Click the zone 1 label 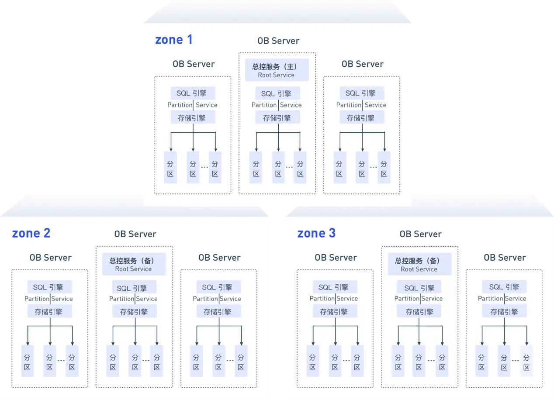click(x=173, y=40)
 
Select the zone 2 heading click(x=31, y=233)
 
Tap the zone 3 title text click(x=316, y=233)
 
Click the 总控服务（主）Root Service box click(x=277, y=70)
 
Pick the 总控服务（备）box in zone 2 click(x=134, y=264)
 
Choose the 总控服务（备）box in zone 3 click(x=419, y=264)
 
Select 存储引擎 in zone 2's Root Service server click(x=134, y=312)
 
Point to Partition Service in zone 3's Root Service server click(x=419, y=299)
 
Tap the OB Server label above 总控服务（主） click(x=278, y=41)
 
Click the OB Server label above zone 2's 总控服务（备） click(x=135, y=234)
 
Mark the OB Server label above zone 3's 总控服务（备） click(x=421, y=234)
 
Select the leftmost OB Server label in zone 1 click(x=194, y=64)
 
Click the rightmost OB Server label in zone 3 click(x=505, y=258)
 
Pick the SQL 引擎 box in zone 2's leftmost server click(x=50, y=287)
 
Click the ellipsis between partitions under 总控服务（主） click(x=289, y=167)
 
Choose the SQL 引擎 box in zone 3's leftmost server click(x=335, y=287)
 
